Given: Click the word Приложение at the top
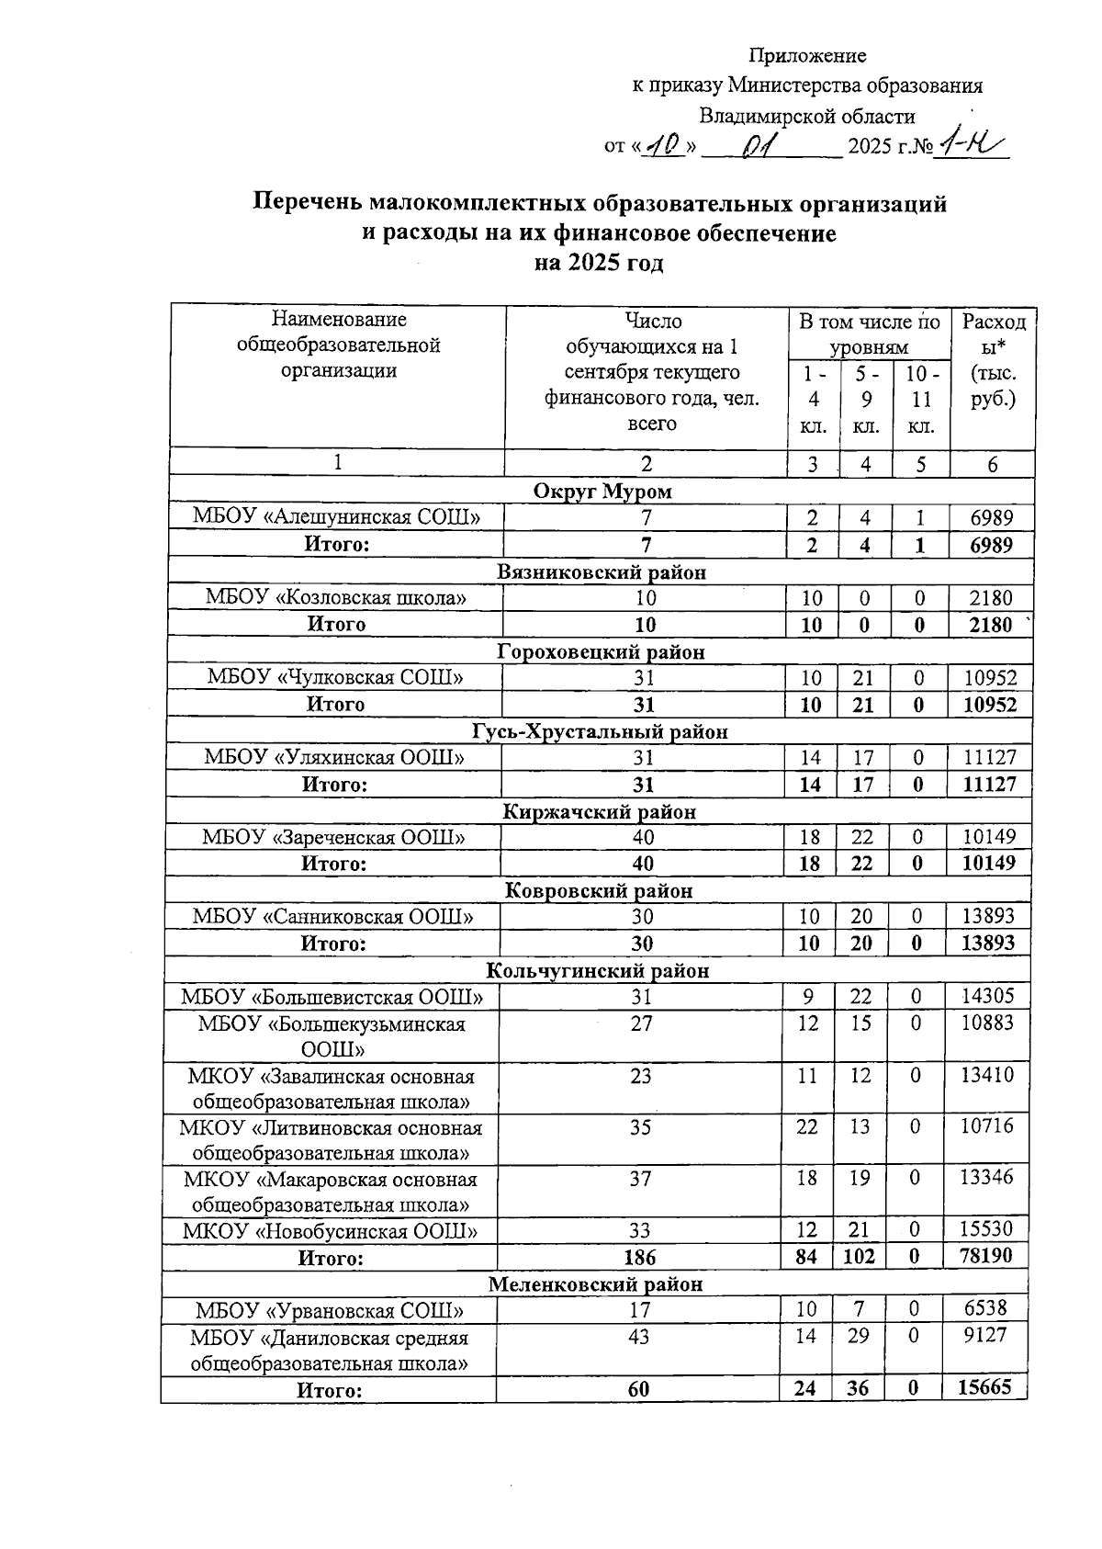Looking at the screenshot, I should tap(807, 56).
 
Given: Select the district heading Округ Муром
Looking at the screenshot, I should tap(602, 492).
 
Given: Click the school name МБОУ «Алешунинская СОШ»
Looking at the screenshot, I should tap(336, 517).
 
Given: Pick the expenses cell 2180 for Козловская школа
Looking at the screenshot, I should tap(991, 598).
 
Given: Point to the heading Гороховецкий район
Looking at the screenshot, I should tap(602, 652).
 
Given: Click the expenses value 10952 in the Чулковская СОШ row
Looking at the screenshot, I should tap(990, 678).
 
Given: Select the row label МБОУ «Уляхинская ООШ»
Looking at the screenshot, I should tap(334, 758).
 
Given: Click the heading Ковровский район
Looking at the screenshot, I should tap(600, 891).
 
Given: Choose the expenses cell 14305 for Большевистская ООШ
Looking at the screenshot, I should tap(987, 996).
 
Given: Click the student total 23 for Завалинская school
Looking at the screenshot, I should tap(641, 1075).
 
